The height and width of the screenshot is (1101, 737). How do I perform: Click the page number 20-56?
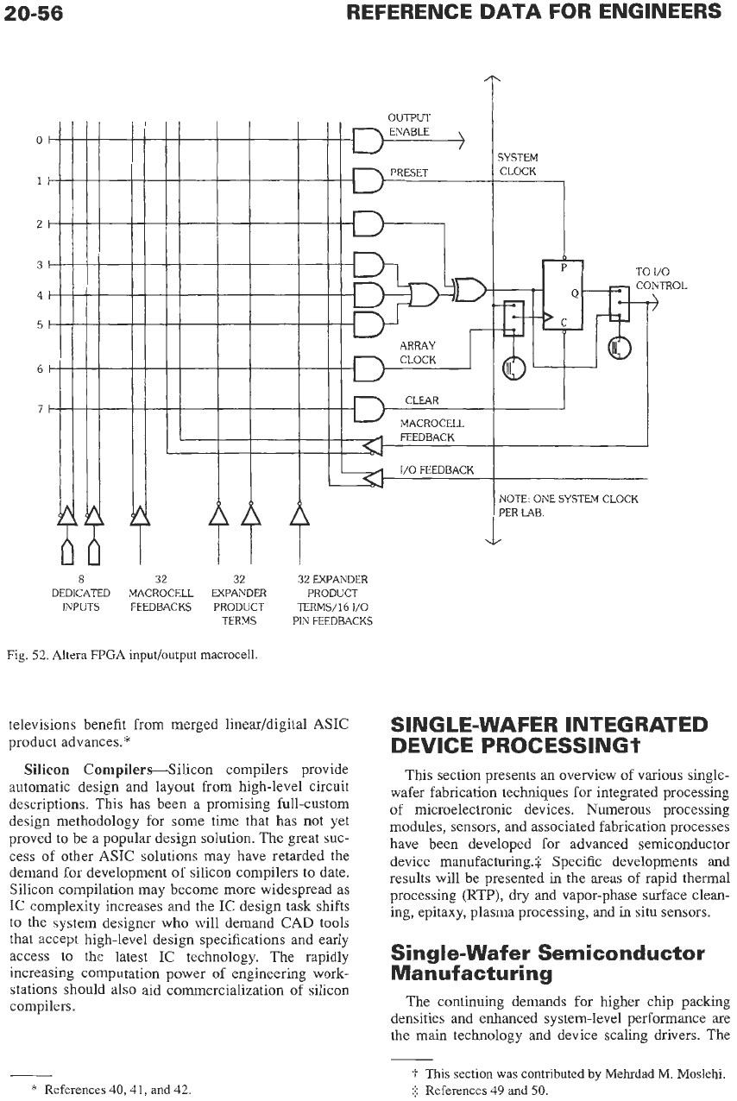click(x=34, y=13)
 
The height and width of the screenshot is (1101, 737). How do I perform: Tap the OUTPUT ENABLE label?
click(x=409, y=125)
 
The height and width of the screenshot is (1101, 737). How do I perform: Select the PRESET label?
click(x=409, y=173)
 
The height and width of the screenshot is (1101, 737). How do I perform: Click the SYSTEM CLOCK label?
click(x=518, y=164)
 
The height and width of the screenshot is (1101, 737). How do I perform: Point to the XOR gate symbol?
click(x=469, y=288)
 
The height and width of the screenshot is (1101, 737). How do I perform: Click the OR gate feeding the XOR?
click(x=424, y=294)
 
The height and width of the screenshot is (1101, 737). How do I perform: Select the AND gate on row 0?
click(x=368, y=140)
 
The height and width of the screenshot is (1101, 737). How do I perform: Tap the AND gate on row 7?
click(x=368, y=409)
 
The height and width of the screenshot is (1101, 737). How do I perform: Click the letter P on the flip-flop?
click(x=564, y=267)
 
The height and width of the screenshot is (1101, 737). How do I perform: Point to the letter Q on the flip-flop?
click(x=574, y=293)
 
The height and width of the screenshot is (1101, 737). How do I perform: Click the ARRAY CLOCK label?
click(x=418, y=352)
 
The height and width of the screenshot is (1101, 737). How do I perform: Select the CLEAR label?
click(x=422, y=400)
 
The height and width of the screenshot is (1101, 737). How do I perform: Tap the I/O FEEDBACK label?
click(x=437, y=470)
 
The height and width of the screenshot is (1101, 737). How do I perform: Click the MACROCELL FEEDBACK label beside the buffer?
click(x=431, y=430)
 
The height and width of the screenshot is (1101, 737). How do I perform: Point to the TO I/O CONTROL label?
click(x=661, y=278)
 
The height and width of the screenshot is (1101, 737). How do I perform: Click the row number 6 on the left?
click(x=40, y=368)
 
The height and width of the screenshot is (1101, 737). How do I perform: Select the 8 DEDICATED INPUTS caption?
click(x=81, y=593)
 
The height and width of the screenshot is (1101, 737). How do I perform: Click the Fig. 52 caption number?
click(x=25, y=654)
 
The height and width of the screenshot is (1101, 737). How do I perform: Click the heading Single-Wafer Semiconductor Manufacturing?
click(x=547, y=963)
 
